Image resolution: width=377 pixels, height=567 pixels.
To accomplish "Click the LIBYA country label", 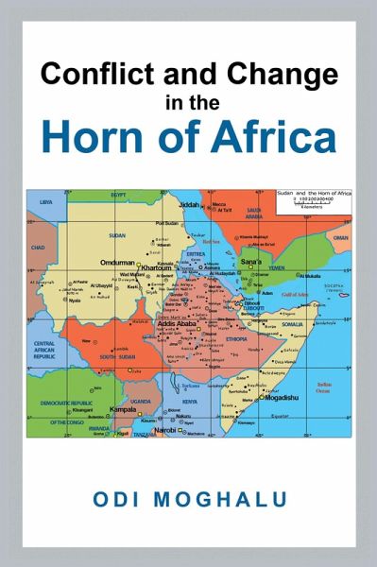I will pyautogui.click(x=45, y=201).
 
